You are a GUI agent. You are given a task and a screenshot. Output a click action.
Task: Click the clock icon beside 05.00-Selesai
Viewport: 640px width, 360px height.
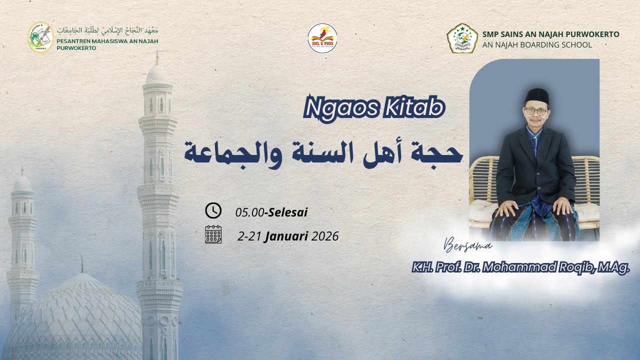point(213,211)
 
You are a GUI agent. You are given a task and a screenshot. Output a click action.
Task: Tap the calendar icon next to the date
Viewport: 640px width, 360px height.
point(213,234)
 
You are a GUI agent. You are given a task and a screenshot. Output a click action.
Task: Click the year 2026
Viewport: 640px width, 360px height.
point(325,236)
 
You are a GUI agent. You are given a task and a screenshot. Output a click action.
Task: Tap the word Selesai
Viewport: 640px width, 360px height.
point(287,212)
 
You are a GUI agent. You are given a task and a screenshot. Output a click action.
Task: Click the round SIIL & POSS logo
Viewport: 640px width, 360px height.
point(322,38)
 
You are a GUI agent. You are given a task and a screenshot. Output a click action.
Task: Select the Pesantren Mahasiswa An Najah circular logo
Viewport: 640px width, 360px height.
point(40,37)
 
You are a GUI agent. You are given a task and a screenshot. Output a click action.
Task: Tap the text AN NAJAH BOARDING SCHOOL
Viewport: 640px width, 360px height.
point(537,45)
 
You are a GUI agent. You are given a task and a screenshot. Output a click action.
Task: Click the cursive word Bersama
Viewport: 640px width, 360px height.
point(468,245)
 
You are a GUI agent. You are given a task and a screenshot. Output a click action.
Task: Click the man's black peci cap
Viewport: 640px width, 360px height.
point(536,95)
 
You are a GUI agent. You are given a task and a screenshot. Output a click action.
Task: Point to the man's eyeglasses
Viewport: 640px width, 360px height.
point(536,111)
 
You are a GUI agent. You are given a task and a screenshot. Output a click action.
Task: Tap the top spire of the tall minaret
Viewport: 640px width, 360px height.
point(157,57)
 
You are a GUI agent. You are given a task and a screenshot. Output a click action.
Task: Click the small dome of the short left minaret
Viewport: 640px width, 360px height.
point(22,185)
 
